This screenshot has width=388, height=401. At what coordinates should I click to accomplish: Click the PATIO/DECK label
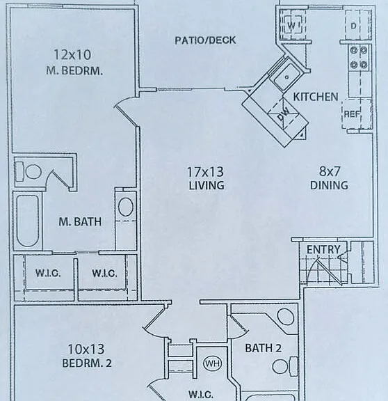tap(205, 40)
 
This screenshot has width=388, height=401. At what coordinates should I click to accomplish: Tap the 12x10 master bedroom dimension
tap(72, 55)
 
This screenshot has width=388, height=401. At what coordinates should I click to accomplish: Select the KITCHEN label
tap(316, 97)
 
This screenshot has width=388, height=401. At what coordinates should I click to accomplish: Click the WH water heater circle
tap(213, 363)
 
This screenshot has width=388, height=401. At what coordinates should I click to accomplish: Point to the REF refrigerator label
tap(352, 114)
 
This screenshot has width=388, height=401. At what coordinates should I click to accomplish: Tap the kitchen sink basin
tap(287, 76)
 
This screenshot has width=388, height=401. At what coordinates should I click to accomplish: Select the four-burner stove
tap(359, 58)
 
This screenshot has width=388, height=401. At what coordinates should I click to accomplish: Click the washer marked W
tap(292, 25)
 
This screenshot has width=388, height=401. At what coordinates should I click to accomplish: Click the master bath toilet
tap(29, 171)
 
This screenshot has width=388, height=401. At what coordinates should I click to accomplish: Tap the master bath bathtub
tap(28, 221)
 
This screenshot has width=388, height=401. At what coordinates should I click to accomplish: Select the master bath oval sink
tap(126, 207)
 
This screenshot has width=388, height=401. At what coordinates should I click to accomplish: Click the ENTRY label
tap(323, 250)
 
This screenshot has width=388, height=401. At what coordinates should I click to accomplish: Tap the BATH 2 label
tap(263, 348)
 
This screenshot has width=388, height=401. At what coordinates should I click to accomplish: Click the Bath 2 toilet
tap(284, 366)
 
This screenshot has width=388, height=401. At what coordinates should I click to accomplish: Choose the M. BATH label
tap(80, 221)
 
